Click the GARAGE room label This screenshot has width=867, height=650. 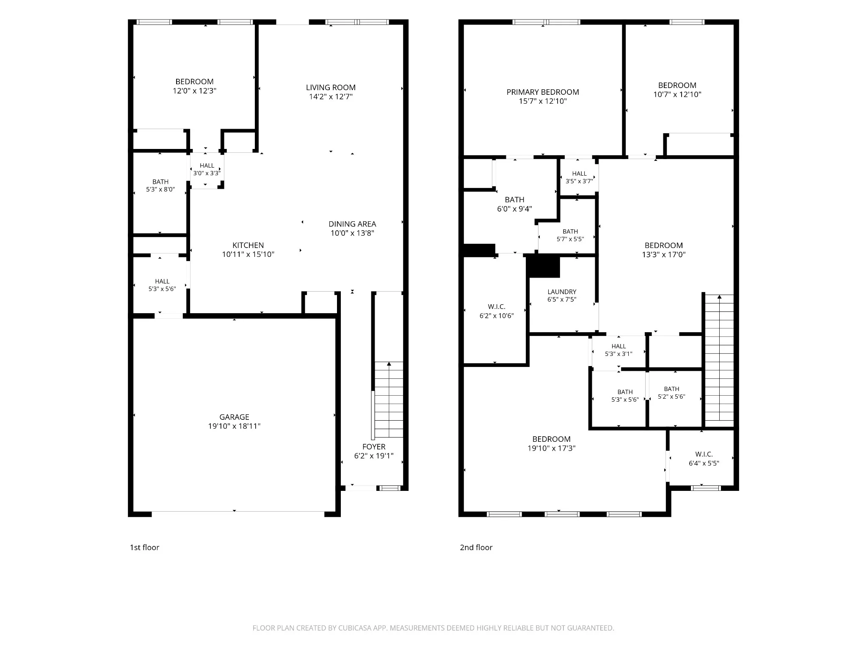tap(234, 417)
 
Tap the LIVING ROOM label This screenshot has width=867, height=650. tap(331, 88)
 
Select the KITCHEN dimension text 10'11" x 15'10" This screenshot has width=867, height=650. tap(248, 254)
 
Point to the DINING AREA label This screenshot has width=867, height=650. tap(352, 224)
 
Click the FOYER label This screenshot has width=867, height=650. tap(374, 446)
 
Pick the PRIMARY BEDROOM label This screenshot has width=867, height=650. tap(543, 92)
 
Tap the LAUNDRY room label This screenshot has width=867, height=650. tap(562, 292)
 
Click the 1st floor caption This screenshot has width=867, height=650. tap(144, 547)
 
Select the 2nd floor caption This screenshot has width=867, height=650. tap(476, 547)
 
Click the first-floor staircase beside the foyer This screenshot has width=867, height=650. tap(389, 400)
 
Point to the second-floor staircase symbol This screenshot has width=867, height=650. tap(719, 358)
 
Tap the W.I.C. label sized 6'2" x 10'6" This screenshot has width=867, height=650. tap(497, 306)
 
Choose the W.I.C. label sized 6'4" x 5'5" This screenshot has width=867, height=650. tap(704, 454)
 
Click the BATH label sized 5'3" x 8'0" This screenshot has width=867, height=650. tap(160, 182)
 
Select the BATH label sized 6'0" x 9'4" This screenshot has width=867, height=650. tap(514, 199)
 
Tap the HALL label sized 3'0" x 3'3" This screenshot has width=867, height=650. tap(207, 165)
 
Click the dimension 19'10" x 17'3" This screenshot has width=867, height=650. tap(552, 448)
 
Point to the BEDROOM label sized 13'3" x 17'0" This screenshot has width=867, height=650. tap(663, 245)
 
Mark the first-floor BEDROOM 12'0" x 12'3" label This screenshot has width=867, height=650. tap(194, 82)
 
